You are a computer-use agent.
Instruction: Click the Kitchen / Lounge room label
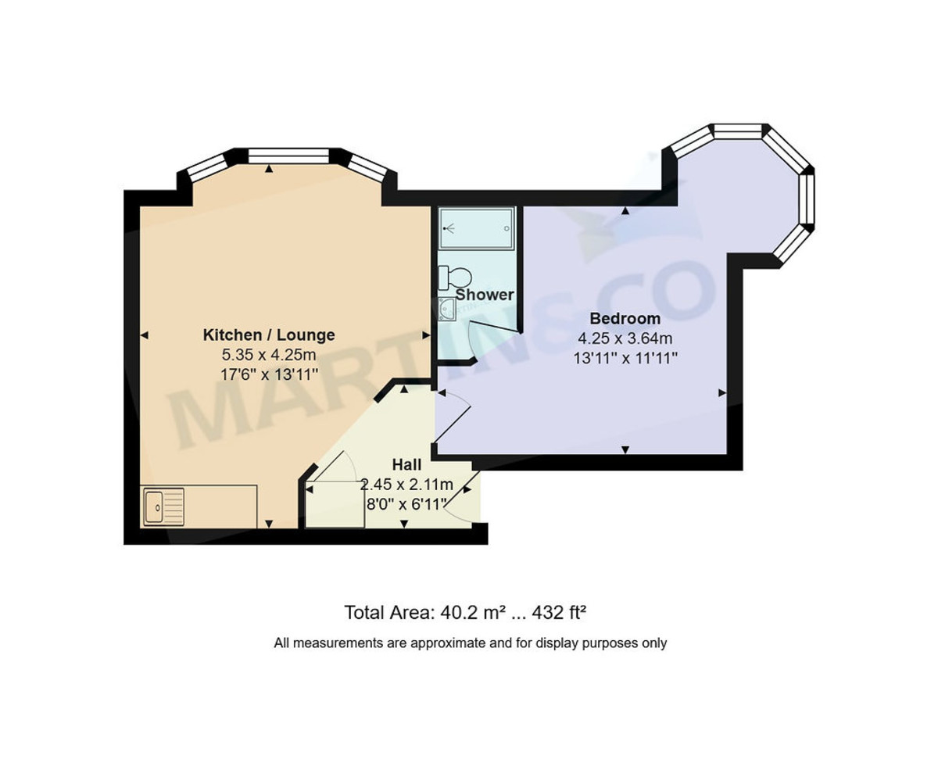coord(269,335)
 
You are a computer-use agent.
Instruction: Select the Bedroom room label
coord(625,319)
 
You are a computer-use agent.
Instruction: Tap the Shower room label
coord(485,295)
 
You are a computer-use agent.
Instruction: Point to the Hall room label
coord(406,466)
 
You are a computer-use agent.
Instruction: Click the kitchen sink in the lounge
coord(163,507)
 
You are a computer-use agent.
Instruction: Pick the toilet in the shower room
coord(454,277)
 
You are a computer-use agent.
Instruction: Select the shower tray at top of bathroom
coord(476,228)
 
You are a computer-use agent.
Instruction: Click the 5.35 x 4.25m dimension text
coord(269,355)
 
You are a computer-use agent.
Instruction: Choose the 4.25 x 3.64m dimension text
coord(625,338)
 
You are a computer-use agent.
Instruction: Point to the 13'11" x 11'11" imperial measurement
coord(625,358)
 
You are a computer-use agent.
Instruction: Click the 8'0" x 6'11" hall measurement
coord(406,503)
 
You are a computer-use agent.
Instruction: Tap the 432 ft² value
coord(559,612)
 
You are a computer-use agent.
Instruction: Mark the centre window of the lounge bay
coord(288,156)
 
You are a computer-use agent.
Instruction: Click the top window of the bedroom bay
coord(738,131)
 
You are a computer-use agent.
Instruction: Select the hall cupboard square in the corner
coord(335,504)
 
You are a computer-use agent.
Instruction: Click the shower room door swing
coord(489,336)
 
